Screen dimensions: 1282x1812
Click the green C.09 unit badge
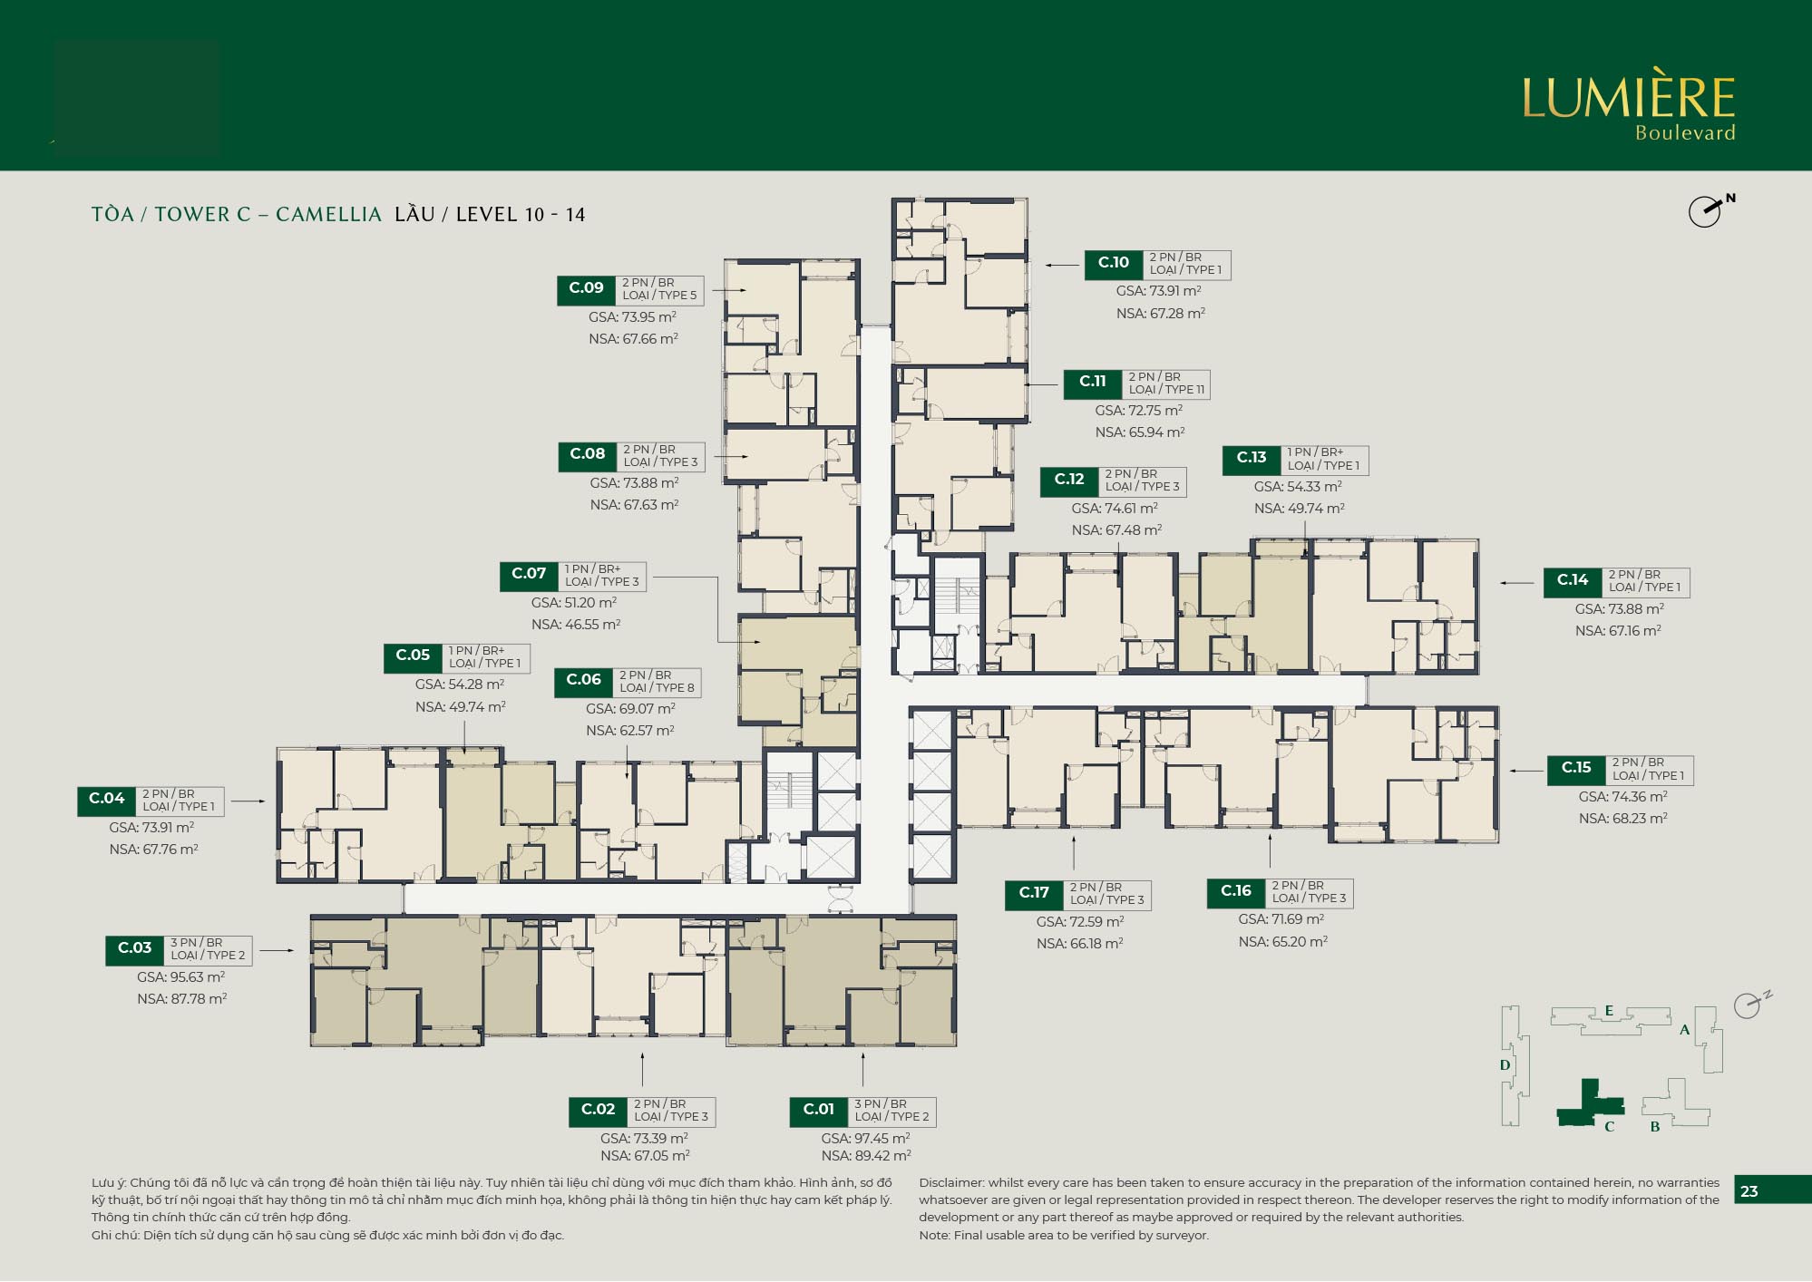coord(586,289)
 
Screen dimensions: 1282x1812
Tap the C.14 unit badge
coord(1573,581)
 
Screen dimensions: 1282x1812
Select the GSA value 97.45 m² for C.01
coord(865,1139)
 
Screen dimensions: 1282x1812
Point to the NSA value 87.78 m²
coord(181,999)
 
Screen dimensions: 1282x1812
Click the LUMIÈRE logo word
coord(1628,98)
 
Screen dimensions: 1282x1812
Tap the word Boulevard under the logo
coord(1685,133)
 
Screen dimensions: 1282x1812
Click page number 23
coord(1749,1191)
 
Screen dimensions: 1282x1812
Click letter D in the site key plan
coord(1505,1065)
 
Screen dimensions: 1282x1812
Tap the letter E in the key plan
coord(1609,1011)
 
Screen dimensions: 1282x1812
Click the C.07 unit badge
coord(529,575)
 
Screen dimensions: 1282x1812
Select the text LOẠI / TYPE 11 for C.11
coord(1166,390)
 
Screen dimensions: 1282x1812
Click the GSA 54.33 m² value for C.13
coord(1298,487)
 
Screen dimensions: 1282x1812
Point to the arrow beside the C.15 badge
coord(1525,771)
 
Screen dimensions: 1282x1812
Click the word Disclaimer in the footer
coord(951,1183)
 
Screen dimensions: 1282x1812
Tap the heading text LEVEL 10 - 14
coord(521,215)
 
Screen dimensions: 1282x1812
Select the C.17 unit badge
coord(1034,894)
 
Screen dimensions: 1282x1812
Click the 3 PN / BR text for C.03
coord(196,943)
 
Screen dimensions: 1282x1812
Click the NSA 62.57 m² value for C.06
coord(629,731)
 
